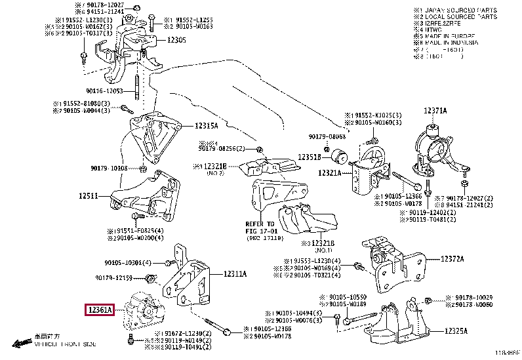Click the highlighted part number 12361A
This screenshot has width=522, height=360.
click(x=99, y=308)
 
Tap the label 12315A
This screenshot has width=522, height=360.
click(x=207, y=125)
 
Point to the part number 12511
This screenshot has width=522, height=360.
click(x=88, y=195)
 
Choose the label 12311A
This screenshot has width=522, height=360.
click(x=235, y=274)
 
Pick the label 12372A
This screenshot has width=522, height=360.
click(x=451, y=260)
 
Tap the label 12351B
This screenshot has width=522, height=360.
click(x=310, y=157)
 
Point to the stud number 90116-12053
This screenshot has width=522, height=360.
click(x=104, y=91)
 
